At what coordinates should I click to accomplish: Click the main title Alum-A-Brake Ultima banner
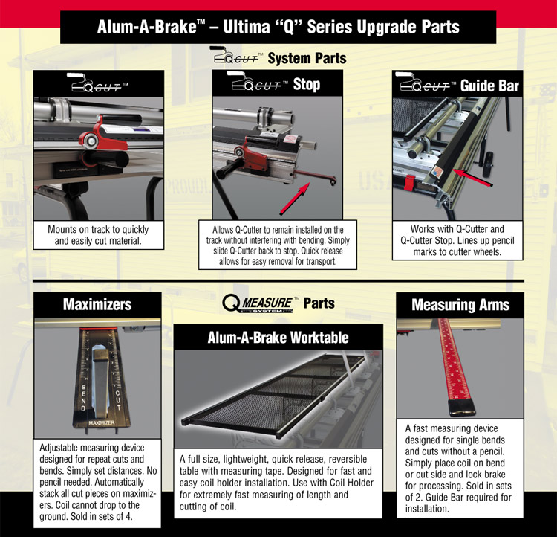278,27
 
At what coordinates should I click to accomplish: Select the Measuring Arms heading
460,305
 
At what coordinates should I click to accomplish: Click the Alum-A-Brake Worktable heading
278,338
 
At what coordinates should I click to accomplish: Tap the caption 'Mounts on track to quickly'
98,229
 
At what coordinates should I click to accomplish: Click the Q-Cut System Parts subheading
278,57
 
